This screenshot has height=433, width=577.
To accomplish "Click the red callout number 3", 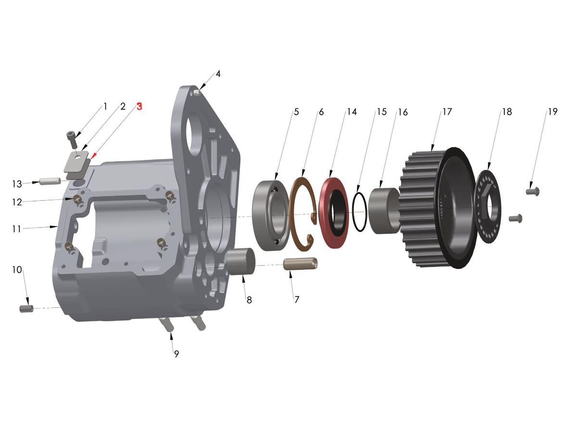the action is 139,106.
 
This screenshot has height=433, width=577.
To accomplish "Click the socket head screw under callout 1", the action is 72,139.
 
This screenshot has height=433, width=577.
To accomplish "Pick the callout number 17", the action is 447,112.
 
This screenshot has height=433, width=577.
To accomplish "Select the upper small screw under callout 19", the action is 533,191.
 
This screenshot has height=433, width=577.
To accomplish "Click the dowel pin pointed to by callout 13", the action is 50,181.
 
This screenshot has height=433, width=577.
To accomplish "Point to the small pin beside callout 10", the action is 26,308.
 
